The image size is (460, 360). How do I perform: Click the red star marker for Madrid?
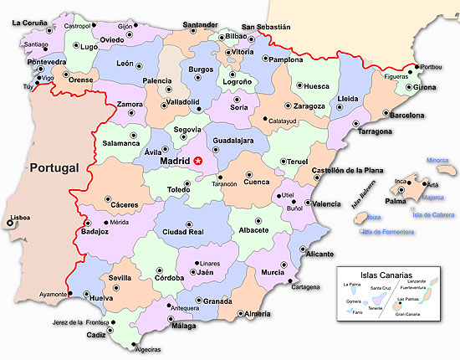(198, 160)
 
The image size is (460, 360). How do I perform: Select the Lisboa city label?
(18, 219)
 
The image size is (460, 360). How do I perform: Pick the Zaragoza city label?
(309, 107)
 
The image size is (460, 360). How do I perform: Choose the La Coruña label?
(29, 23)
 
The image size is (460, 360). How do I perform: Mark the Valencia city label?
(325, 203)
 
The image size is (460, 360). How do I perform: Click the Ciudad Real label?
(184, 232)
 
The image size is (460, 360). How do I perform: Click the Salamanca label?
(121, 143)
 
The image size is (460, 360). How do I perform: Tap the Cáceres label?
(124, 205)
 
